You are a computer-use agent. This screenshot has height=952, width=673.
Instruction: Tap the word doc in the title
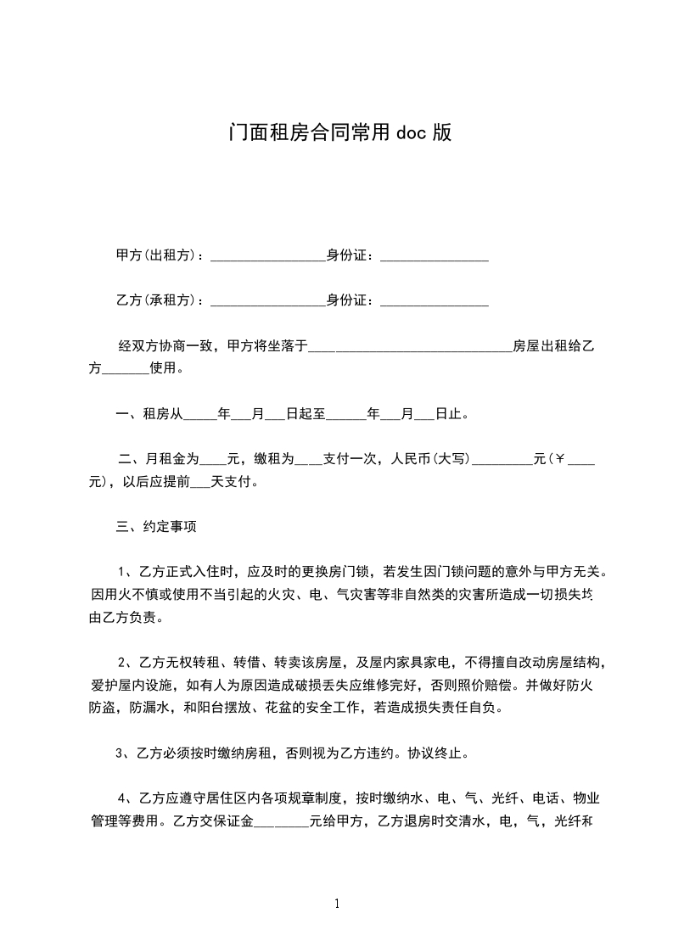pyautogui.click(x=413, y=133)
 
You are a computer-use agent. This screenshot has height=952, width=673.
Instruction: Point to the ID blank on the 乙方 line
pyautogui.click(x=434, y=302)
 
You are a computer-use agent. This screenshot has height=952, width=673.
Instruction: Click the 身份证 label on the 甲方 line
pyautogui.click(x=346, y=255)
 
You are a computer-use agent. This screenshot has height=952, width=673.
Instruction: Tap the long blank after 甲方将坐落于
pyautogui.click(x=410, y=348)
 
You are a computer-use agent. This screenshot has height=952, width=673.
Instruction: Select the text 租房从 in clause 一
pyautogui.click(x=164, y=415)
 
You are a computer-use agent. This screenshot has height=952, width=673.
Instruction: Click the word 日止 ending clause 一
pyautogui.click(x=449, y=415)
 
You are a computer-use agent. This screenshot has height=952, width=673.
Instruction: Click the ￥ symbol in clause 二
pyautogui.click(x=558, y=460)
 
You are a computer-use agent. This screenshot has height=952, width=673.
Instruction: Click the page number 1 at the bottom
pyautogui.click(x=337, y=904)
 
